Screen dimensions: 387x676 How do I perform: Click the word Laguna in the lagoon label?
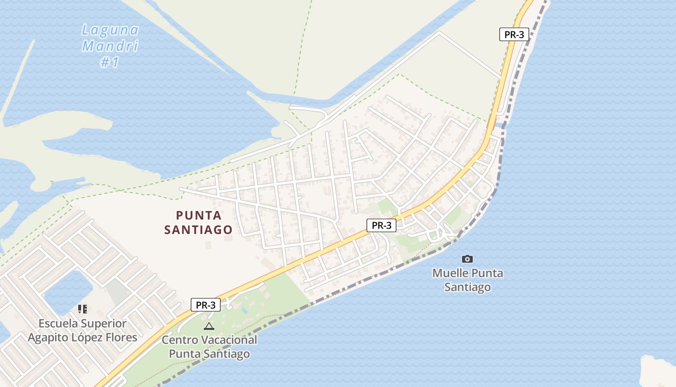coord(110,30)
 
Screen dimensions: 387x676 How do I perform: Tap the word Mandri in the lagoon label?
coord(110,46)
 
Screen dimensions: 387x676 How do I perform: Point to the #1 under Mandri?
coord(110,62)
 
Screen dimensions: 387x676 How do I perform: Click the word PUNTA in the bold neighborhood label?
coord(199,215)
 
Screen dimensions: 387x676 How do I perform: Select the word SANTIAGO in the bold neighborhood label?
coord(198,230)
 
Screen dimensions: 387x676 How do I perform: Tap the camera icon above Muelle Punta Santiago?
coord(467,259)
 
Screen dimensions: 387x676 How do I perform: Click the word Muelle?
coord(450,273)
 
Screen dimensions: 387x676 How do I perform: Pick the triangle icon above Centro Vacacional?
coord(209,326)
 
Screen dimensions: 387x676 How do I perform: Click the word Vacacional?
coord(229,340)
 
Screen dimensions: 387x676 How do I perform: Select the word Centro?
coord(180,340)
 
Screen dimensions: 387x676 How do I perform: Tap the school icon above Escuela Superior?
coord(83,309)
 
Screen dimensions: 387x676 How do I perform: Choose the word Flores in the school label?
coord(122,337)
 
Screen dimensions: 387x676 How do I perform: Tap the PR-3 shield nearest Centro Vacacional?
coord(206,305)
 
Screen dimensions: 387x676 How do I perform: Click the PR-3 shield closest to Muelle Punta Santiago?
coord(381,225)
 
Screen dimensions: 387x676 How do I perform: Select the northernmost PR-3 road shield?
coord(514,34)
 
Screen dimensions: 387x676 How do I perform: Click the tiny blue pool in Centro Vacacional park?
coord(245,310)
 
